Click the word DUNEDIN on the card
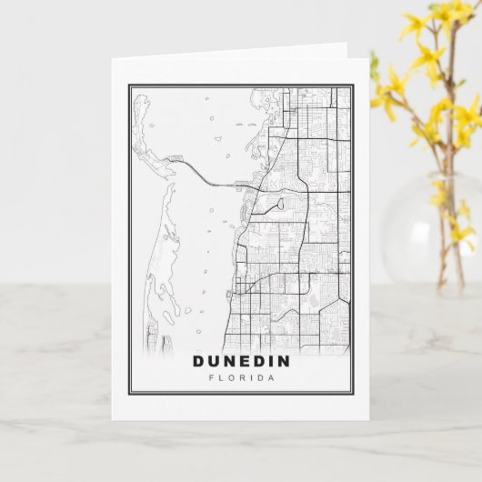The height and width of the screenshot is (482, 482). click(241, 362)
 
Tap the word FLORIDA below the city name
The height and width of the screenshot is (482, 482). click(241, 379)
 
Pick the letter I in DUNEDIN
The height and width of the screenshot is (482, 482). click(272, 362)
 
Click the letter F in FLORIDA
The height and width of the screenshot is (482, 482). click(212, 379)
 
